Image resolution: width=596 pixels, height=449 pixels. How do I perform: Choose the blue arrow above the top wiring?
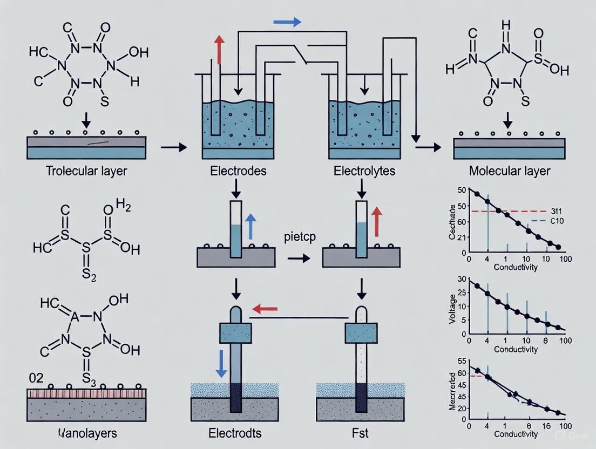[286, 22]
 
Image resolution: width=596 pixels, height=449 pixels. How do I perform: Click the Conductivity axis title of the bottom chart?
[516, 433]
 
